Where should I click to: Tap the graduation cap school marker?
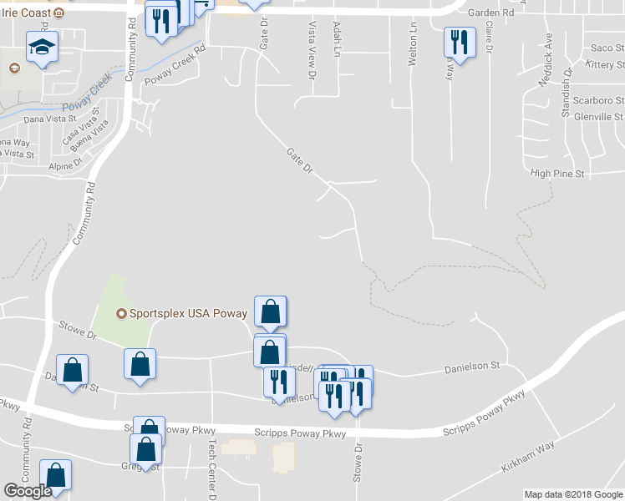tap(41, 48)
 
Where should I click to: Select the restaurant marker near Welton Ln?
tap(459, 41)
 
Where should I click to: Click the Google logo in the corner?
tap(28, 491)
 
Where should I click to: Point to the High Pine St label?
tap(557, 173)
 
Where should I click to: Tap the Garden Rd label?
tap(490, 13)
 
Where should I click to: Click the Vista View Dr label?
tap(312, 51)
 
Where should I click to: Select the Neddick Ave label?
tap(547, 60)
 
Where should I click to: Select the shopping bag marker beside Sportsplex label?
tap(270, 312)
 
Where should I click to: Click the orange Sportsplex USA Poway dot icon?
tap(121, 314)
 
